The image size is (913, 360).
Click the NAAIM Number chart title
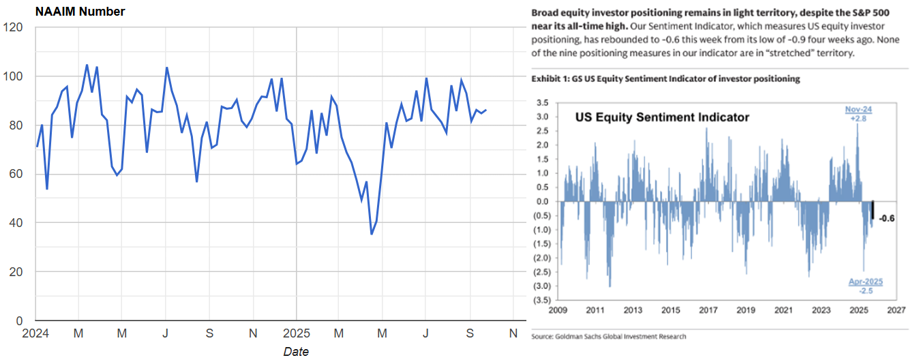coord(80,12)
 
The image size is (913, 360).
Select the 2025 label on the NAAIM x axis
coord(295,333)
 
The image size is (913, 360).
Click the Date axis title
coord(295,352)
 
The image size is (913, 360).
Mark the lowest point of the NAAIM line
coord(372,234)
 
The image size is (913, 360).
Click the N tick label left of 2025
coord(253,333)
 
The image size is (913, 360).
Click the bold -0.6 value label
coord(886,218)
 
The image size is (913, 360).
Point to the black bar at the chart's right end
coord(872,210)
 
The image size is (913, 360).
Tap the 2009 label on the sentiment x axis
coord(559,310)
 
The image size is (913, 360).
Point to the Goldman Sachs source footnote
coord(608,336)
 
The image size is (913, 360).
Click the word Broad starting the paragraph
coord(546,13)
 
